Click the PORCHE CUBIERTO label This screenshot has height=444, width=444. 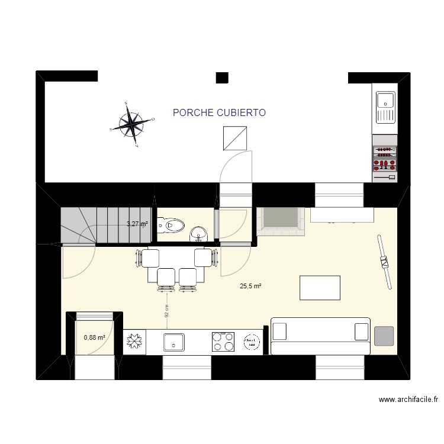tap(219, 112)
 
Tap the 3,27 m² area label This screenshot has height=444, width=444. tap(137, 224)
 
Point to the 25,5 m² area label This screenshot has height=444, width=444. tap(250, 286)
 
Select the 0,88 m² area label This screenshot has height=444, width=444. tap(95, 337)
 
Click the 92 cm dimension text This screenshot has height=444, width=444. tap(168, 311)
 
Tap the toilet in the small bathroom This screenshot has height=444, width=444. tap(174, 225)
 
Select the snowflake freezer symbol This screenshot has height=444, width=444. tap(134, 342)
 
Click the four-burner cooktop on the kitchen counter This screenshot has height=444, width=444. tap(223, 342)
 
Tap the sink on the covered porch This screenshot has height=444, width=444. tap(385, 107)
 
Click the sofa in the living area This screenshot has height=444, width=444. tap(320, 335)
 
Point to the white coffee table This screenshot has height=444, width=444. tap(320, 288)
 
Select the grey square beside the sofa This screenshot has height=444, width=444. tap(384, 336)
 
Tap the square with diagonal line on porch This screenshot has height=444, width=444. tap(234, 138)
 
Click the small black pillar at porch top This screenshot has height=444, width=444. tap(222, 77)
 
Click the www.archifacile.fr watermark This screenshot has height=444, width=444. tap(408, 400)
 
